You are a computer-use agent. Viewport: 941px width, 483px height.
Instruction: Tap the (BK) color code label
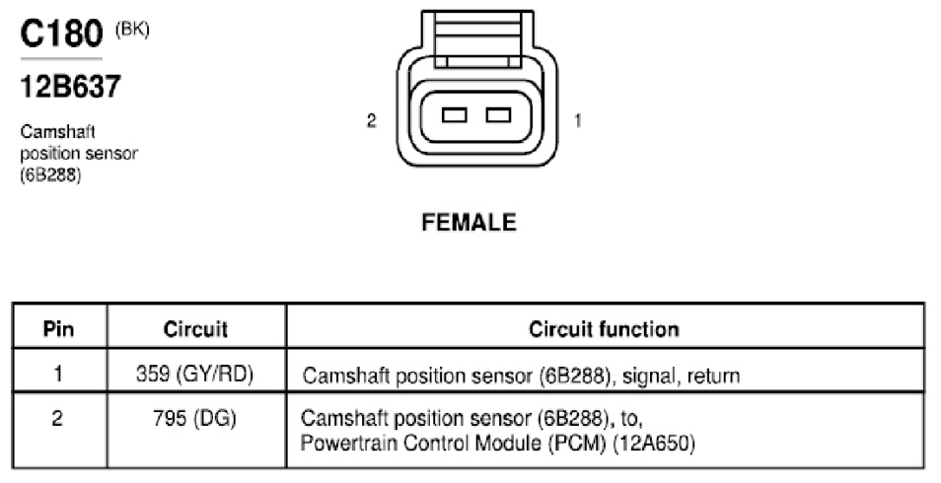[x=132, y=30]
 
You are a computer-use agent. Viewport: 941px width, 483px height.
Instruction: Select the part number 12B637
[x=71, y=87]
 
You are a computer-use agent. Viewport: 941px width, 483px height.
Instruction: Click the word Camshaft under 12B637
[x=57, y=131]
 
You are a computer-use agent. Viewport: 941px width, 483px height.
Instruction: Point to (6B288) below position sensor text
[x=50, y=174]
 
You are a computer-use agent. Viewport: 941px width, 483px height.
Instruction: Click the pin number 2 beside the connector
[x=372, y=121]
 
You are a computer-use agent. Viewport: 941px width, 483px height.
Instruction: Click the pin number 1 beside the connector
[x=578, y=121]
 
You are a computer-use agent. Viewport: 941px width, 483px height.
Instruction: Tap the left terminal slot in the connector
[x=455, y=114]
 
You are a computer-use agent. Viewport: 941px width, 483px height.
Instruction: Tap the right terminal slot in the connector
[x=499, y=114]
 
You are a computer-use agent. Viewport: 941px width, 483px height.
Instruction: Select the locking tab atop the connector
[x=477, y=37]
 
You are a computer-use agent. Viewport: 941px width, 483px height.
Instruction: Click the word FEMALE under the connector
[x=470, y=223]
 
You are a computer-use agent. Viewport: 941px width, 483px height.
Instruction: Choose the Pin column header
[x=59, y=329]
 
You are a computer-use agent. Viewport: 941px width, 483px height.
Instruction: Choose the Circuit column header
[x=195, y=329]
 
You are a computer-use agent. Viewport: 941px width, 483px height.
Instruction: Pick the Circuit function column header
[x=605, y=329]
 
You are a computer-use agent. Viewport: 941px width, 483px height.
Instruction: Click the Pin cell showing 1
[x=58, y=374]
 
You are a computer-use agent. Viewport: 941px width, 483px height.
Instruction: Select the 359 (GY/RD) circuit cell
[x=194, y=374]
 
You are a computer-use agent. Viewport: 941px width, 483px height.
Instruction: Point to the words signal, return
[x=682, y=377]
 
